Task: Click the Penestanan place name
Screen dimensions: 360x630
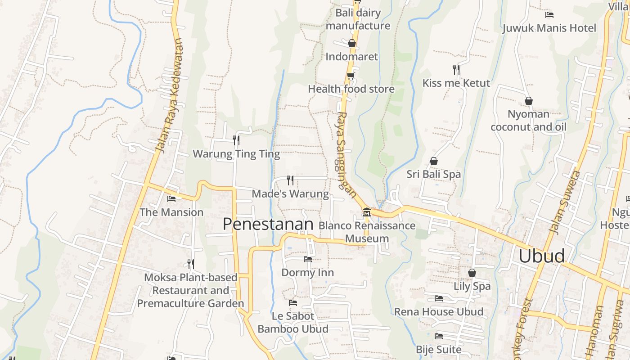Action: pyautogui.click(x=268, y=224)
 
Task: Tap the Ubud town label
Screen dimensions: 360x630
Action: pyautogui.click(x=541, y=256)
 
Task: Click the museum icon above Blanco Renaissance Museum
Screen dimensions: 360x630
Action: pyautogui.click(x=367, y=212)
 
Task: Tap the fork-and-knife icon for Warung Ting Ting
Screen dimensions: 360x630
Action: pyautogui.click(x=236, y=140)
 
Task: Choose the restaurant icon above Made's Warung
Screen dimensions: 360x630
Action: pyautogui.click(x=290, y=180)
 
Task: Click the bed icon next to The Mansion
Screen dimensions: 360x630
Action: pyautogui.click(x=171, y=198)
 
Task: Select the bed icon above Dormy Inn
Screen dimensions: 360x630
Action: pyautogui.click(x=308, y=259)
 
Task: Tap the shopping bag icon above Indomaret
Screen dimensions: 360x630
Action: pyautogui.click(x=352, y=43)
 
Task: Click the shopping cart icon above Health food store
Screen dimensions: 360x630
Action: pyautogui.click(x=351, y=75)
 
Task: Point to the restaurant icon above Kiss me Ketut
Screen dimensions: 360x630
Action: pyautogui.click(x=456, y=69)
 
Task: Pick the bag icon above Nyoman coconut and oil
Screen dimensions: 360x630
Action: pyautogui.click(x=529, y=101)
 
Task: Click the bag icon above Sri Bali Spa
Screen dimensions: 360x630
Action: pyautogui.click(x=434, y=161)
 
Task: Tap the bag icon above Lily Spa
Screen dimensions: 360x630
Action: pyautogui.click(x=472, y=273)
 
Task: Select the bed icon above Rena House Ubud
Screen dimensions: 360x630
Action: pyautogui.click(x=439, y=298)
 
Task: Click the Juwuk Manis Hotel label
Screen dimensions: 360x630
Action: pyautogui.click(x=549, y=28)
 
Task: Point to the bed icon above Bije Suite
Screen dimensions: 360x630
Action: pyautogui.click(x=439, y=336)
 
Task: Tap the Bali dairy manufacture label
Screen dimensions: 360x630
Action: pyautogui.click(x=358, y=19)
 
